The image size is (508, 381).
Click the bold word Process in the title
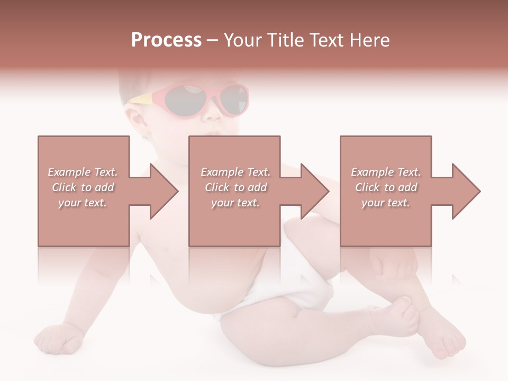point(166,40)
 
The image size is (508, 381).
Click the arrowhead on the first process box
point(163,191)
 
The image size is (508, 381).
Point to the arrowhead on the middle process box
point(314,191)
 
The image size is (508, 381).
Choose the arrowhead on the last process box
point(465,191)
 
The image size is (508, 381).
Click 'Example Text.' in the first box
point(83,172)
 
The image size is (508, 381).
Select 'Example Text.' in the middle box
point(235,172)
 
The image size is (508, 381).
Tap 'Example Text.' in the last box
point(386,172)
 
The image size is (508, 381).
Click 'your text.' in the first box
point(83,203)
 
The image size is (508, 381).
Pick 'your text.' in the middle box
point(235,203)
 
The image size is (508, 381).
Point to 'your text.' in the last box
point(386,203)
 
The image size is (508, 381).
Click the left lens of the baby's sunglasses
point(185,99)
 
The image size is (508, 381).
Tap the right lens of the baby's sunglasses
point(233,99)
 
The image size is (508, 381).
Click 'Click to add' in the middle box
point(235,187)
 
